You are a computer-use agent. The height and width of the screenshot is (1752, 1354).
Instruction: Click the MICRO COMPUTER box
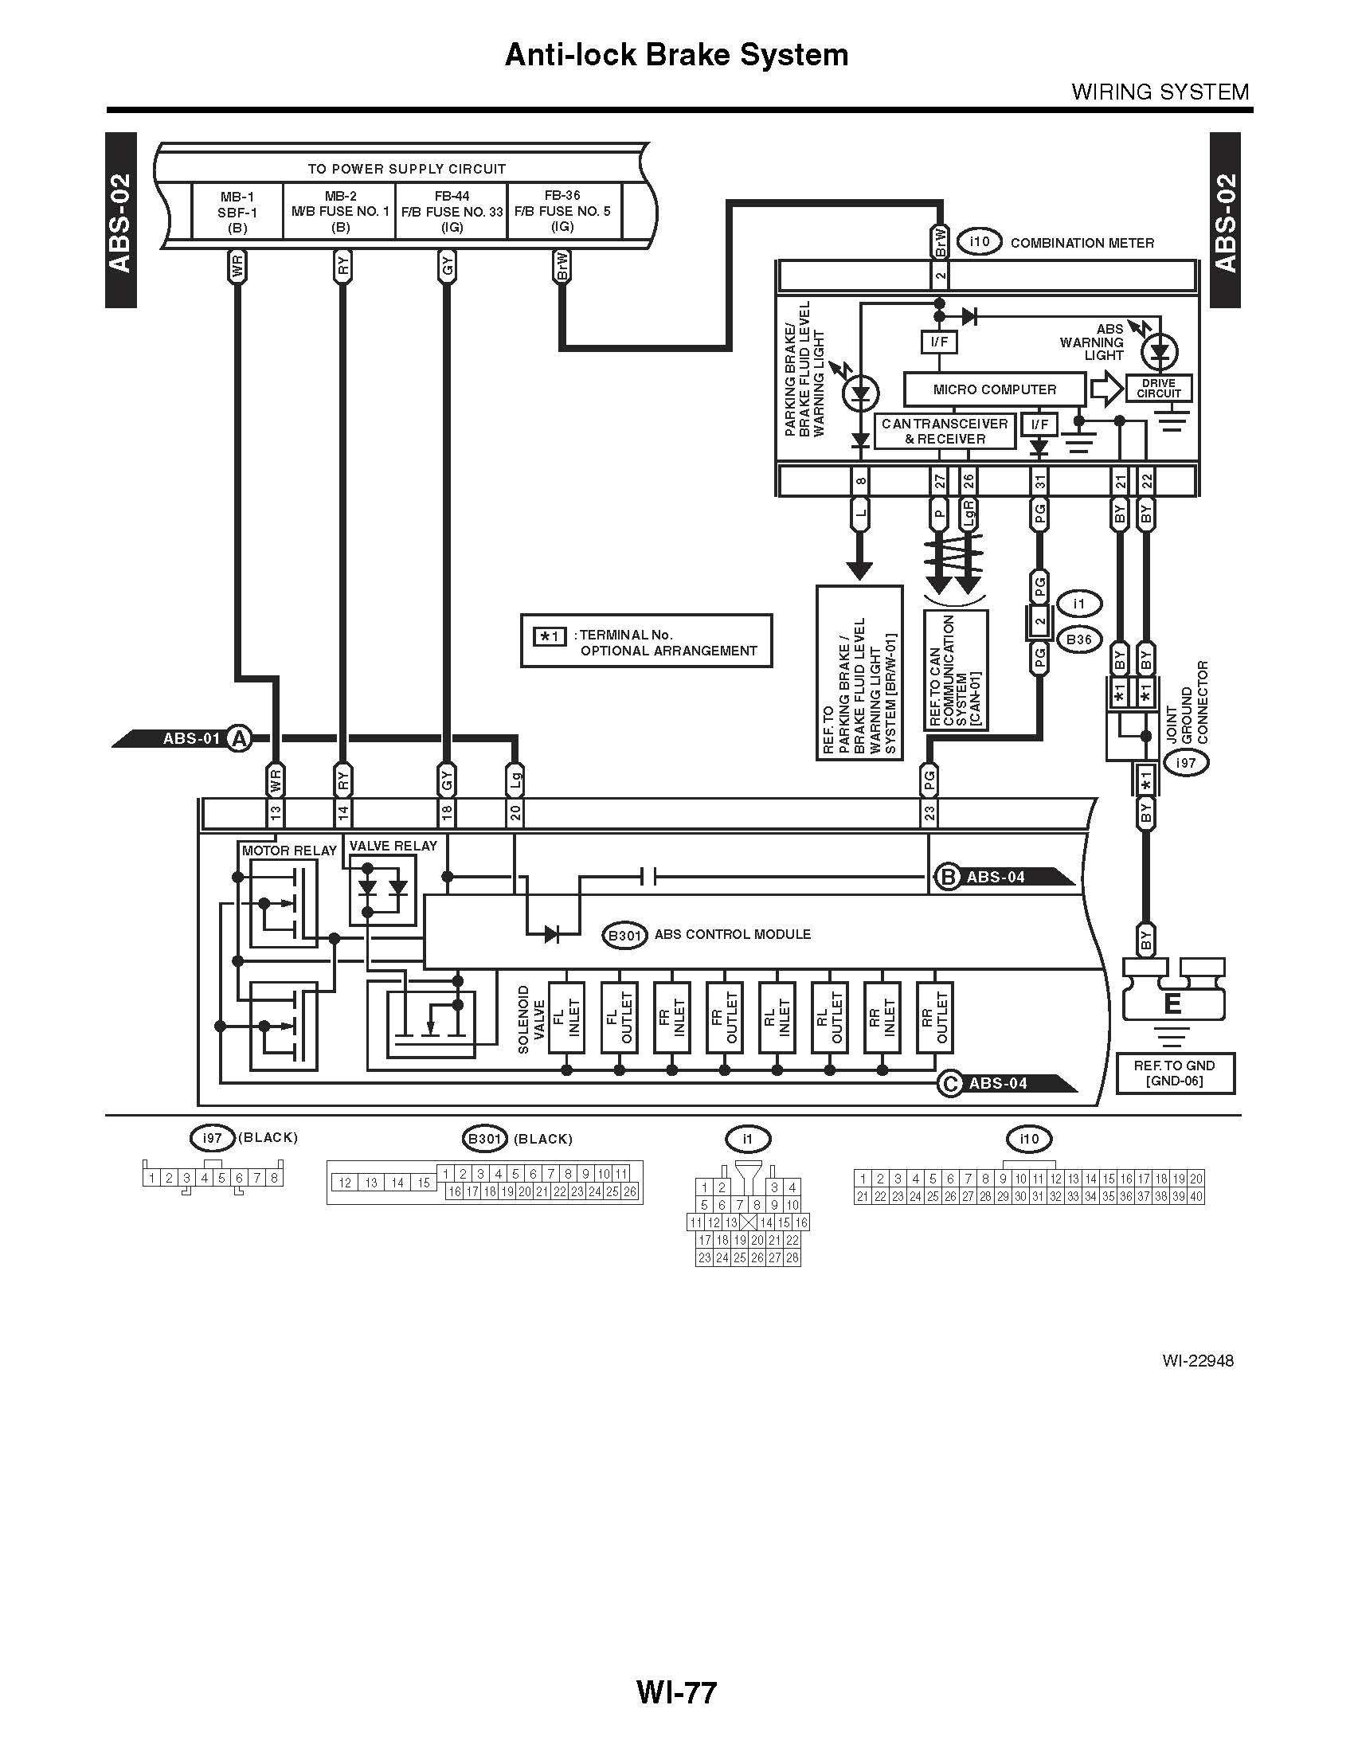(x=994, y=390)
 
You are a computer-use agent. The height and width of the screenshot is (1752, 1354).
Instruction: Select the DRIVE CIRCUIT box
(x=1158, y=389)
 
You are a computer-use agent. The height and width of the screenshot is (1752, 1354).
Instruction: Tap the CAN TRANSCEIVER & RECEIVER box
(x=944, y=432)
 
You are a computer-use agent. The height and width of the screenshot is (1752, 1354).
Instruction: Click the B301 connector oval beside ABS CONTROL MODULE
(x=626, y=936)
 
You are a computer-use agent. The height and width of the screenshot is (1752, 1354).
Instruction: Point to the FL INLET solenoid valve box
(x=566, y=1017)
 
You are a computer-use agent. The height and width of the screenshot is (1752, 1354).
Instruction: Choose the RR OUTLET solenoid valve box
(x=934, y=1017)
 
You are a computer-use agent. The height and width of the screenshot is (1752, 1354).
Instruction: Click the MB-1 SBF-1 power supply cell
(x=237, y=211)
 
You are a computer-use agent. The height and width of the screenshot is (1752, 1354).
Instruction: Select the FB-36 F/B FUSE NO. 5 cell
(x=562, y=211)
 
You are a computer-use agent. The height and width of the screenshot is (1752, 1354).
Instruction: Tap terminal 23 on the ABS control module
(x=929, y=812)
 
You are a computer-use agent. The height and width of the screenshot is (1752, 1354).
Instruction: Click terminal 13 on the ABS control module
(x=275, y=812)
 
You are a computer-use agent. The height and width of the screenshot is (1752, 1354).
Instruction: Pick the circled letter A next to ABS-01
(x=238, y=738)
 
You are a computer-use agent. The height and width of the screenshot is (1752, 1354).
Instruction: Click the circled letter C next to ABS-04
(x=949, y=1084)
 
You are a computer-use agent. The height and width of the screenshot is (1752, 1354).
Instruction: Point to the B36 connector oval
(x=1079, y=639)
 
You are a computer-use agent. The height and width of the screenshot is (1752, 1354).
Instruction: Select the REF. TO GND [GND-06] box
(x=1174, y=1073)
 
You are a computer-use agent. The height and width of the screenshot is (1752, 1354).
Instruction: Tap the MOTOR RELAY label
(x=289, y=851)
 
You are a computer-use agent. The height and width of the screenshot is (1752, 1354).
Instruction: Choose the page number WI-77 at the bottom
(x=676, y=1692)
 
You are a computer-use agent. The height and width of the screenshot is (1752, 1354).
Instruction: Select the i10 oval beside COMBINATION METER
(x=980, y=242)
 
